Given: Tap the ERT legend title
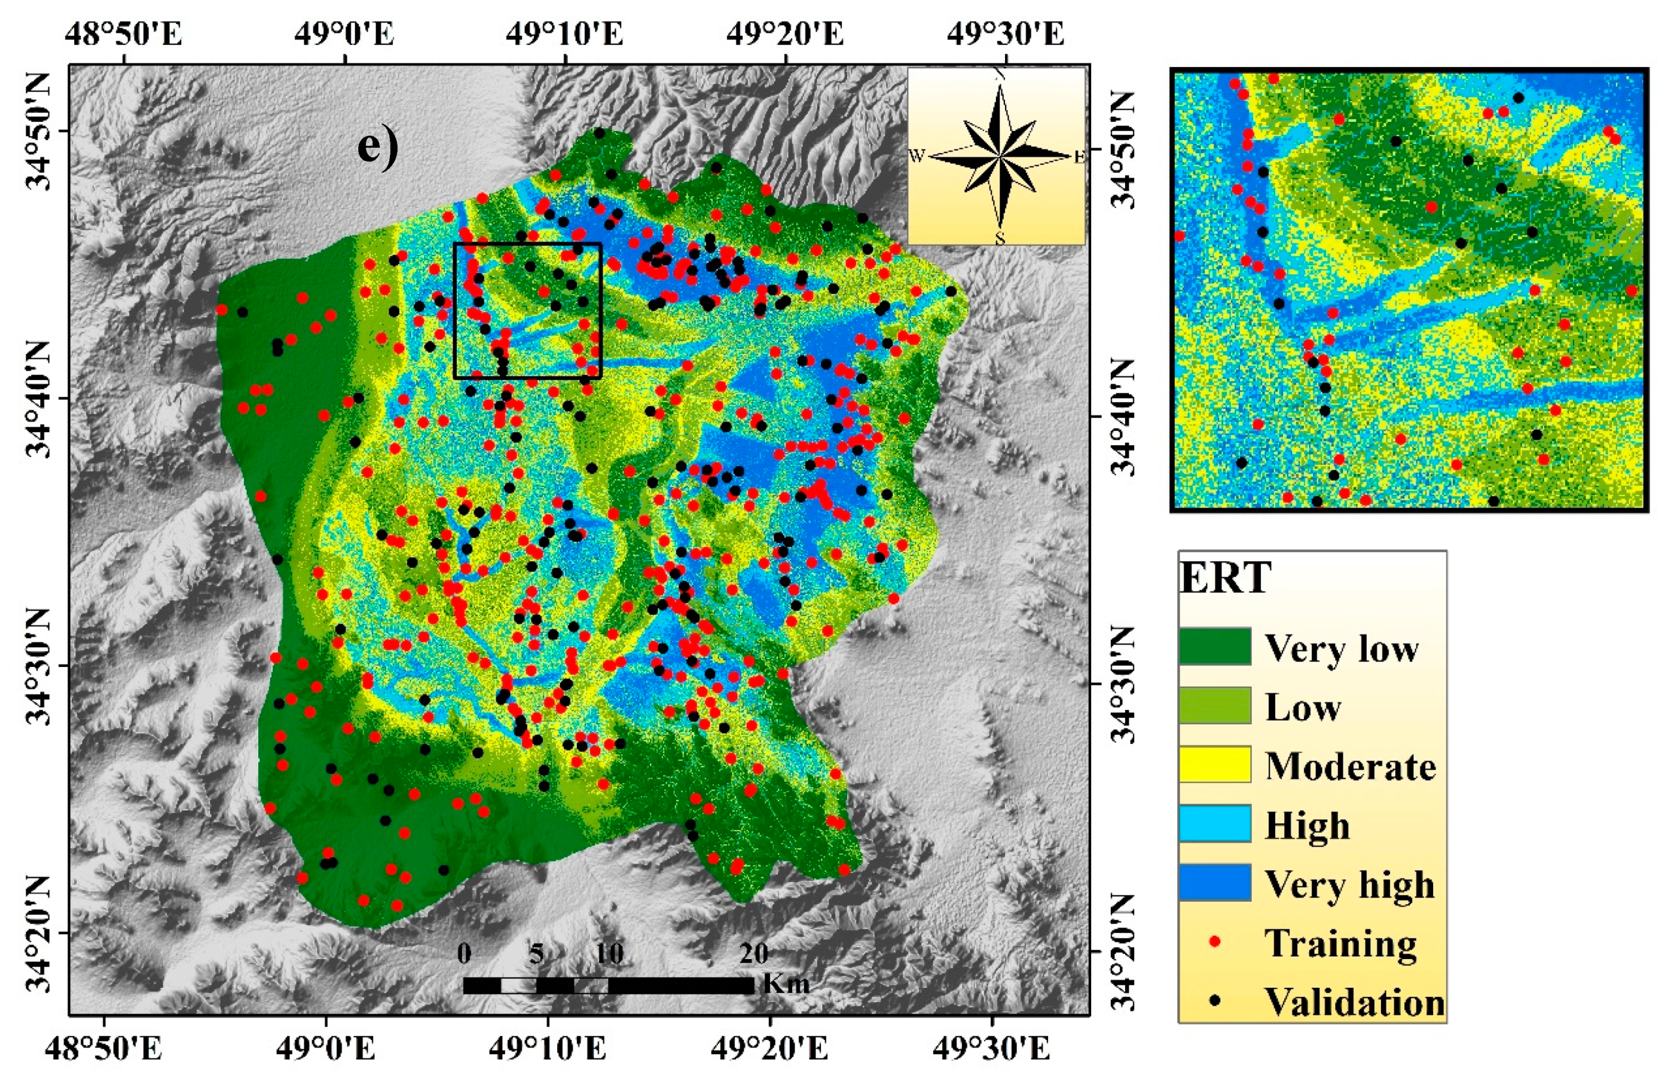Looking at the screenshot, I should [1225, 578].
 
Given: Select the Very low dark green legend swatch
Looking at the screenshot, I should [1215, 646].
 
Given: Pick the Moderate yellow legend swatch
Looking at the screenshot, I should [1215, 764].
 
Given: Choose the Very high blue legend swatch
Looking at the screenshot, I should [1215, 882].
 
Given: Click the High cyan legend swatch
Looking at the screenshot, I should [1215, 823].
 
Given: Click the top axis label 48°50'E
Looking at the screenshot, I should [124, 33].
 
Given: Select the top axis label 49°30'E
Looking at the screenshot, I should [1006, 33].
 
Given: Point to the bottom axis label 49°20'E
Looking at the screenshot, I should [769, 1049].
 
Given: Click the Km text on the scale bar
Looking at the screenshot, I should [786, 984].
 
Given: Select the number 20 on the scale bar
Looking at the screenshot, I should [753, 954].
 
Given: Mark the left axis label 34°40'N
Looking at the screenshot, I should [41, 398].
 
